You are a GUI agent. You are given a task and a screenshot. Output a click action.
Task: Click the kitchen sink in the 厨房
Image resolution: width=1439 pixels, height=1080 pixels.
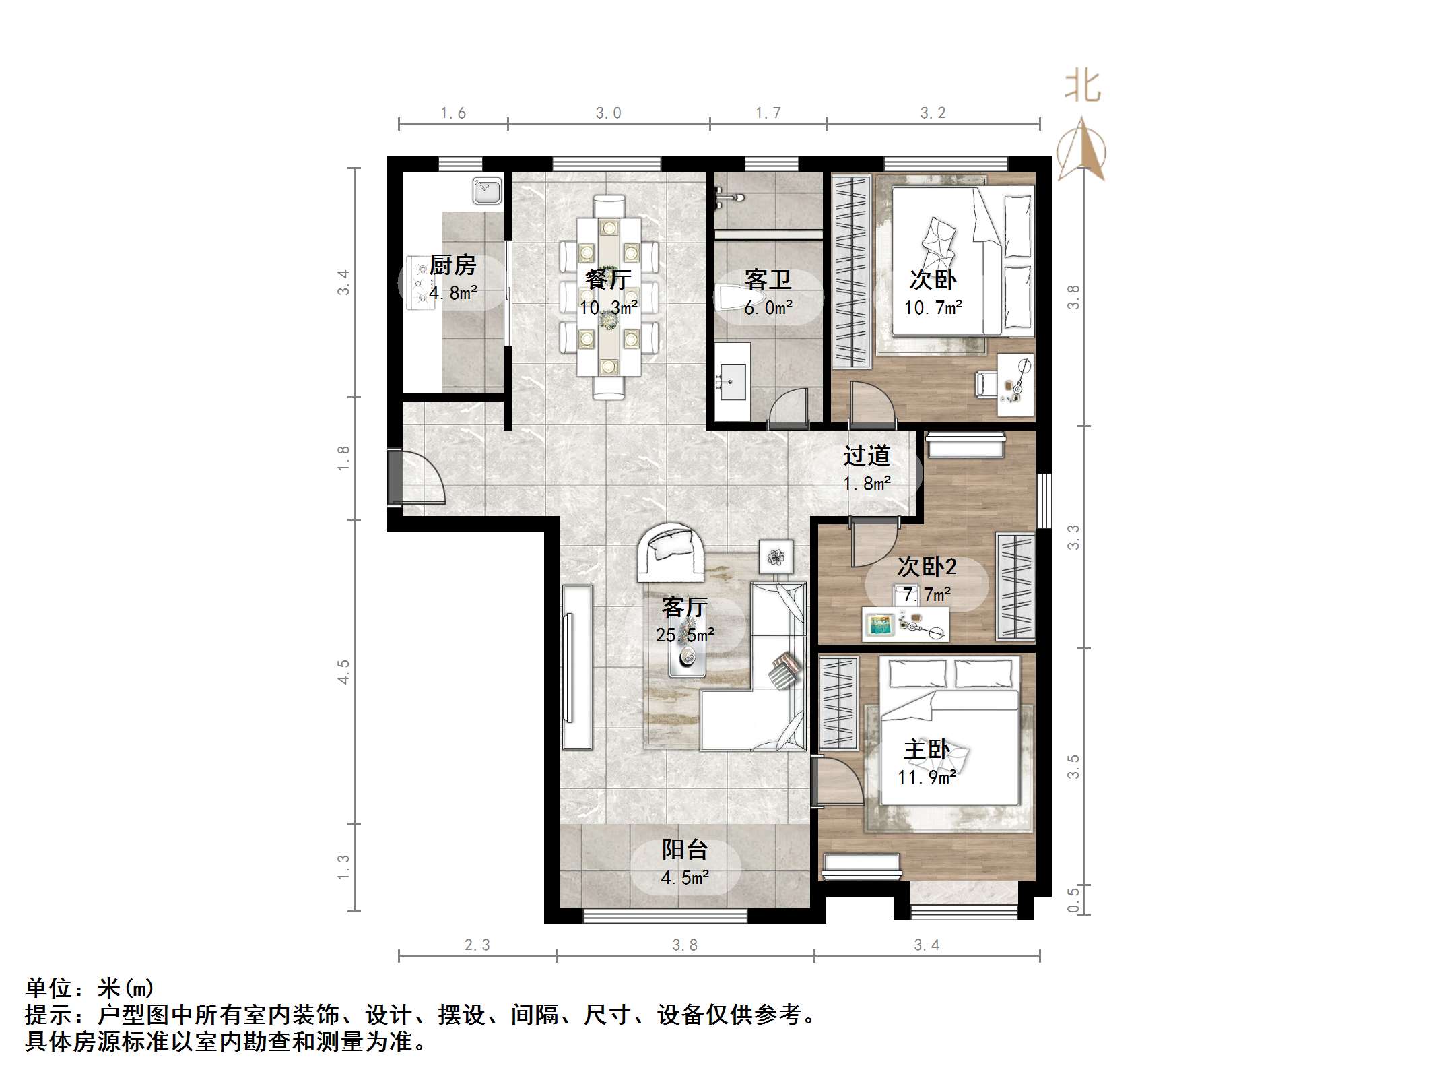[x=487, y=190]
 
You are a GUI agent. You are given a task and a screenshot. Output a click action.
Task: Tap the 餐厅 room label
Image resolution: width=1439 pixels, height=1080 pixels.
[x=607, y=280]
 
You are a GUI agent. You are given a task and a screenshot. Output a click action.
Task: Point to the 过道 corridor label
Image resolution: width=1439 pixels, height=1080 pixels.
[x=867, y=456]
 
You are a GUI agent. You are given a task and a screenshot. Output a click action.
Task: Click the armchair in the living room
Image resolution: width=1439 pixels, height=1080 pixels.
[x=671, y=551]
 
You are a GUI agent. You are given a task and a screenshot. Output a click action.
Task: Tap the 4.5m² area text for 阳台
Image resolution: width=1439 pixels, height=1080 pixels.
[x=684, y=878]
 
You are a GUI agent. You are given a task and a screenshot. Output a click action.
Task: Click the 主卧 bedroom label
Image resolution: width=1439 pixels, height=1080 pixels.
[x=927, y=750]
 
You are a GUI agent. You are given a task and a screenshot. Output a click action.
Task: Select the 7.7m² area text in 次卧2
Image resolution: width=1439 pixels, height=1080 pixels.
[x=927, y=595]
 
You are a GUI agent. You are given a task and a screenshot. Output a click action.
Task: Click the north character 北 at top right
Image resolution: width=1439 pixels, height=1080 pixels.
[x=1082, y=88]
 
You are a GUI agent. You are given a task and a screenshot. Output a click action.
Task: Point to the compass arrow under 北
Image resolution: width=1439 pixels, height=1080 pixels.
[x=1081, y=150]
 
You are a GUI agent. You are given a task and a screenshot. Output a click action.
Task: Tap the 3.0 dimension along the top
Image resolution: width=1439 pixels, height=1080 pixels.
[x=608, y=113]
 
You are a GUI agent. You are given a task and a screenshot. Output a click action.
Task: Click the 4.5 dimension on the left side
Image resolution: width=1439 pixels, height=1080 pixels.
[x=344, y=672]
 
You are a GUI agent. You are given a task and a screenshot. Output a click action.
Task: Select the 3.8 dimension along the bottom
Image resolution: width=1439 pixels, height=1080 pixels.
[x=685, y=946]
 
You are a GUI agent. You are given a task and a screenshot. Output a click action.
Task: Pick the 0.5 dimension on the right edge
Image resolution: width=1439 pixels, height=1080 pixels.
[x=1073, y=899]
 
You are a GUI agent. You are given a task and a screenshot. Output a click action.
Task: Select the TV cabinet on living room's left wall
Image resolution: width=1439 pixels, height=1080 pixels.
[x=577, y=667]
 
